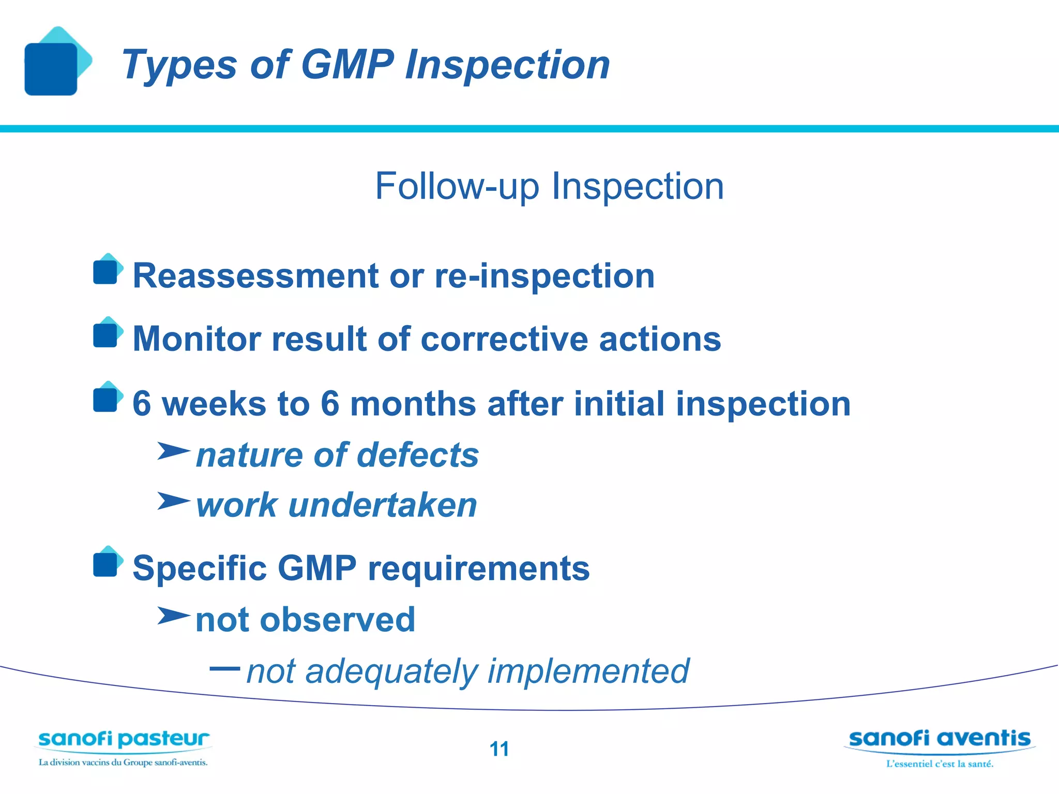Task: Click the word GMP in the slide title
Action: [347, 65]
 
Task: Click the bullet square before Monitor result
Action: [106, 335]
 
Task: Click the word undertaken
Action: [383, 506]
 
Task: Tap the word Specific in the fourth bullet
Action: [200, 569]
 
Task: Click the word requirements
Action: [479, 569]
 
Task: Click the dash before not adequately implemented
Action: [224, 668]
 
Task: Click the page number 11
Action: [499, 749]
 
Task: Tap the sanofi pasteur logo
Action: [124, 747]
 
